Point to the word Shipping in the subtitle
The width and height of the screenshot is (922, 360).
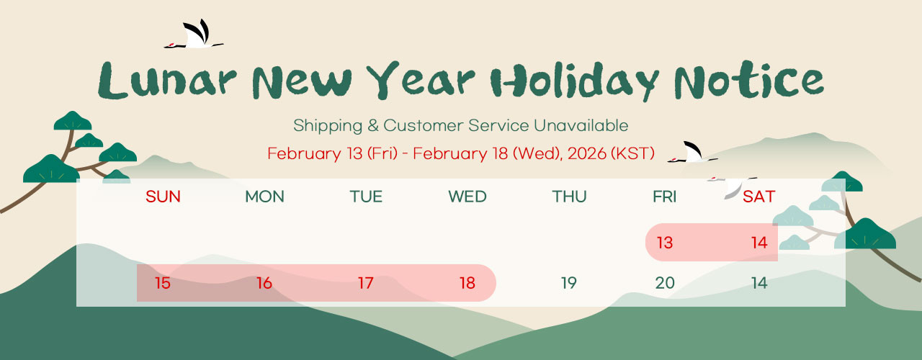point(328,126)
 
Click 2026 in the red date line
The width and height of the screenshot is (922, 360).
point(587,153)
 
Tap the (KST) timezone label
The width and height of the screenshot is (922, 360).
point(632,153)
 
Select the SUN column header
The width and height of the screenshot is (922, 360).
point(163,197)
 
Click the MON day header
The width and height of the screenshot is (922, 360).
point(264,197)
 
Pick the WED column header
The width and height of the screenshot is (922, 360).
point(467,197)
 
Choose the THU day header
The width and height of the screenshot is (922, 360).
point(569,197)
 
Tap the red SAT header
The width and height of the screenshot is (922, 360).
point(759,197)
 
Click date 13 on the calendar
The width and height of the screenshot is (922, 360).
point(665,243)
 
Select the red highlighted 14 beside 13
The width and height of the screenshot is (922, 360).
point(759,243)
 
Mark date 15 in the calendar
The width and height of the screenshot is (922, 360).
point(163,283)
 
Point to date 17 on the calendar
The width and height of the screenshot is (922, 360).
point(365,283)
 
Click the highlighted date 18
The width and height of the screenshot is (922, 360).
point(467,283)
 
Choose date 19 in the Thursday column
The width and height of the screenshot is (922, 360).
point(569,283)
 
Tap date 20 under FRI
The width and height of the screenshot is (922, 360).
point(665,283)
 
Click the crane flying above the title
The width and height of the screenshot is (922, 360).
point(194,35)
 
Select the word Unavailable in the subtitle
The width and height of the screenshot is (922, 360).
point(581,125)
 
